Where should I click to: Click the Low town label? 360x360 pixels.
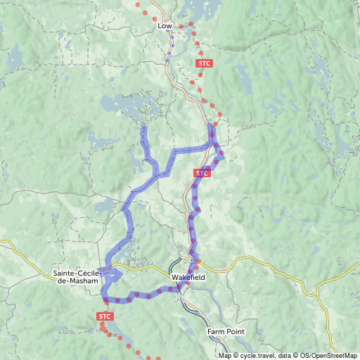pyautogui.click(x=165, y=26)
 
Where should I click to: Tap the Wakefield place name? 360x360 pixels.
pyautogui.click(x=188, y=277)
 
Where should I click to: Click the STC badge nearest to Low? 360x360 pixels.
pyautogui.click(x=204, y=63)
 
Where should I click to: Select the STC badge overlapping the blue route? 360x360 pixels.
pyautogui.click(x=202, y=173)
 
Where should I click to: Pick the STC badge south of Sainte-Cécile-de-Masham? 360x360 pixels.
pyautogui.click(x=105, y=317)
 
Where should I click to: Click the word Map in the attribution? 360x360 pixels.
pyautogui.click(x=225, y=356)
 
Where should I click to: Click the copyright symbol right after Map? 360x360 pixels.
pyautogui.click(x=236, y=356)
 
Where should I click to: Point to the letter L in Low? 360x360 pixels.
pyautogui.click(x=160, y=26)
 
